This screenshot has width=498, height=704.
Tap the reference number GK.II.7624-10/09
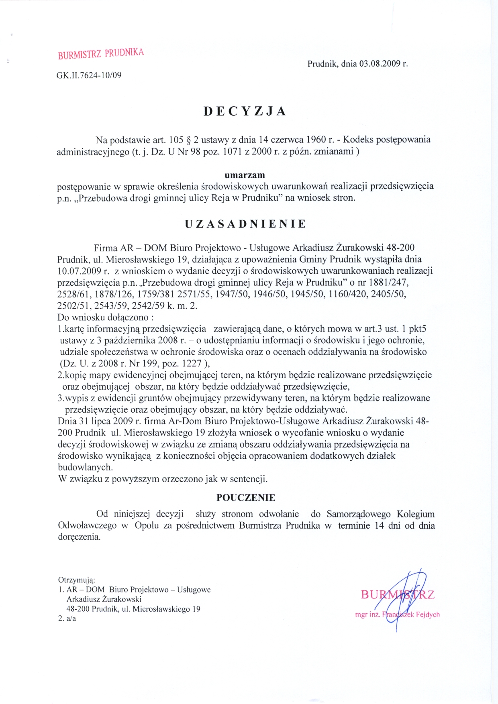tap(89, 75)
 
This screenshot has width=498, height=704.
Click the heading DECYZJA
tap(245, 111)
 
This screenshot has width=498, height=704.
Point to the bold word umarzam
tap(245, 175)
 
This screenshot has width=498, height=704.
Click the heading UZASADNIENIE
tap(245, 224)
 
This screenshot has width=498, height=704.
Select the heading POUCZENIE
tap(246, 498)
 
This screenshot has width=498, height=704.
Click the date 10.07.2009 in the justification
tap(80, 271)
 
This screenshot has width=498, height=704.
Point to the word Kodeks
tap(359, 140)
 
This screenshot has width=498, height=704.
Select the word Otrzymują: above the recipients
tap(77, 580)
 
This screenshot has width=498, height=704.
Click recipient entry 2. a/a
tap(67, 619)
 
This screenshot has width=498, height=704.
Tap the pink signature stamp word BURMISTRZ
tap(397, 594)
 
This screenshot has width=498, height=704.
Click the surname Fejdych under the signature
tap(428, 614)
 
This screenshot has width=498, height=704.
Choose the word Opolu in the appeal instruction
tap(147, 525)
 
